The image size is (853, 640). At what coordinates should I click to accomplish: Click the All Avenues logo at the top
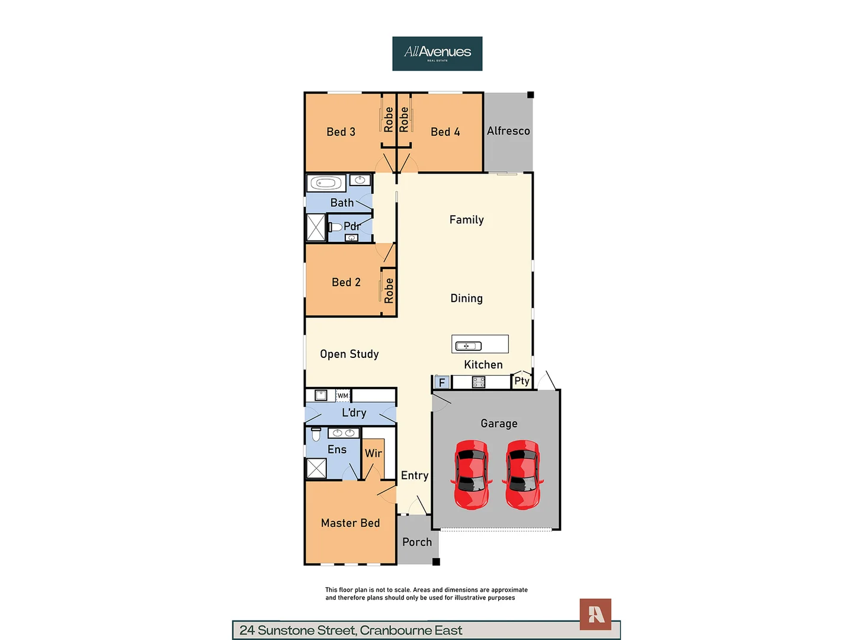point(437,53)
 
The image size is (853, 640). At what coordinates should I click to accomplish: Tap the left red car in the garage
point(472,475)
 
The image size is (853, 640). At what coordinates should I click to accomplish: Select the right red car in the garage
point(522,475)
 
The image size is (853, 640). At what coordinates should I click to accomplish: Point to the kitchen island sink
point(468,345)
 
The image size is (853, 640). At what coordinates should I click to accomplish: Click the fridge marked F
point(441,383)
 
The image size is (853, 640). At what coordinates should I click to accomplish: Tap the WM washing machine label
point(343,396)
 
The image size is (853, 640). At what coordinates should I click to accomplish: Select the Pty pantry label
point(522,381)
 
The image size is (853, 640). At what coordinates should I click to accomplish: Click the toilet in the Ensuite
point(316,434)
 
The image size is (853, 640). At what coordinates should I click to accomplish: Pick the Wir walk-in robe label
point(373,453)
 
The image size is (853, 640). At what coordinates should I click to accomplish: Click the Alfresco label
point(508,131)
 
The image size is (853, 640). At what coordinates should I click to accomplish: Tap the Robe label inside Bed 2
point(389,291)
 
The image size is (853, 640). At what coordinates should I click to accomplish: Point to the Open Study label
point(349,354)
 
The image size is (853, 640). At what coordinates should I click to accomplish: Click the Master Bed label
point(350,523)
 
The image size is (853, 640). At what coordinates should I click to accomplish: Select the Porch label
point(417,542)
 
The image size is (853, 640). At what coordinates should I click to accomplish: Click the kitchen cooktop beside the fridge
point(479,382)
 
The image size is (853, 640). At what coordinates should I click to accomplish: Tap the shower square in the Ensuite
point(316,468)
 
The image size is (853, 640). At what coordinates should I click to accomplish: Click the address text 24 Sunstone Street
point(351,631)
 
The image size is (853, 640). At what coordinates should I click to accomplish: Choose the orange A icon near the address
point(595,615)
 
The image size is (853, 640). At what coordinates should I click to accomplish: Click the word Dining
point(467,299)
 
